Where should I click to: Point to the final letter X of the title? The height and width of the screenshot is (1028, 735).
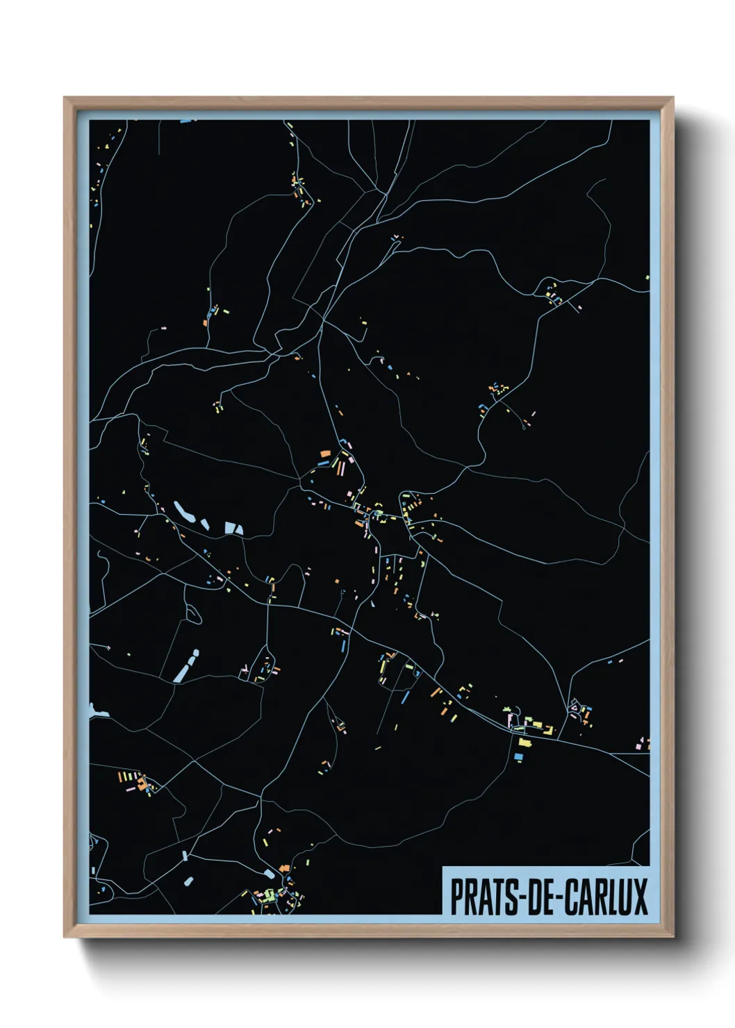click(640, 897)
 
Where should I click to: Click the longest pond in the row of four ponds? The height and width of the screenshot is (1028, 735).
click(183, 512)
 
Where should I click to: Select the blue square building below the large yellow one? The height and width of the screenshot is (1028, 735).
click(518, 756)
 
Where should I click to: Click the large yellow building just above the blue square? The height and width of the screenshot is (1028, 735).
click(525, 742)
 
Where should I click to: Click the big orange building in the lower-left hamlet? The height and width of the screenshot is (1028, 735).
click(143, 786)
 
